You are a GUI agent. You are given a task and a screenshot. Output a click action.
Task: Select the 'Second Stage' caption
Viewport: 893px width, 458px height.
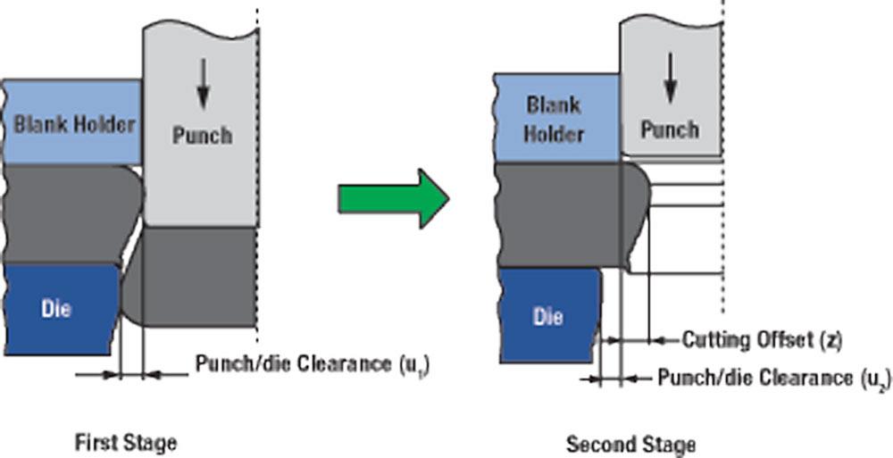coord(630,443)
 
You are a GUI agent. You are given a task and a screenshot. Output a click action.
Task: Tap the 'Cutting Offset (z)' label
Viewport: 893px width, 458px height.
coord(761,339)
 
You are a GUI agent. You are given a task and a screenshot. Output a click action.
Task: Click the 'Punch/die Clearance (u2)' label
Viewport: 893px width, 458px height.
coord(772,378)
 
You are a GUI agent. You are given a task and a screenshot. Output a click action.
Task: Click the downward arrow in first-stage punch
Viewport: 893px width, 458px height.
coord(204,89)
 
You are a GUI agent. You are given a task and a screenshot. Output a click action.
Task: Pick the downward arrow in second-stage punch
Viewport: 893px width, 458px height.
coord(670,81)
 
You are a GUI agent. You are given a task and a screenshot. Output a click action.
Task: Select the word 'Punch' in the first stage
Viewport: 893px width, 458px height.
coord(202,136)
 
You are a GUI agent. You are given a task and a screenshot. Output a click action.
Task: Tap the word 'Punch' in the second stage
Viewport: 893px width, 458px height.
coord(670,129)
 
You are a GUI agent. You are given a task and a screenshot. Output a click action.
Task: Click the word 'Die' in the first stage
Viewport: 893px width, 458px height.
coord(54,310)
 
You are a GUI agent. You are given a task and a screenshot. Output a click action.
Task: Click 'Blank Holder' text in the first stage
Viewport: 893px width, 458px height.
coord(74,123)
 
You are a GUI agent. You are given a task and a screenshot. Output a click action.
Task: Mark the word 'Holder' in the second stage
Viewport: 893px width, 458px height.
coord(554,135)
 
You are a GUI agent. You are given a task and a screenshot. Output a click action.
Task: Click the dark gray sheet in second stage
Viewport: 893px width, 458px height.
coord(563,214)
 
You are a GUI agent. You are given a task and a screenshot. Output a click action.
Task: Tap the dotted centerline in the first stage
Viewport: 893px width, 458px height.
coord(259,179)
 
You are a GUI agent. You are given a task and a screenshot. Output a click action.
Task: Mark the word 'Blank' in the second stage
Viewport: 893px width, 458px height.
coord(554,105)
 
